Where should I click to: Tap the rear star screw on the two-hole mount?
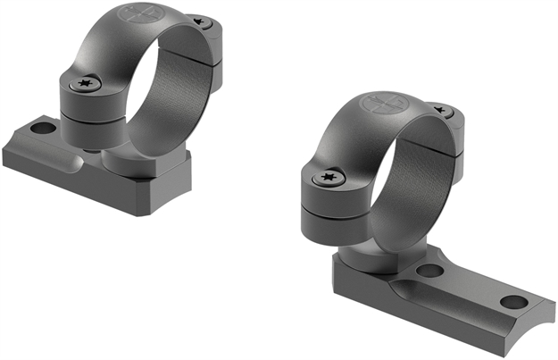(440, 111)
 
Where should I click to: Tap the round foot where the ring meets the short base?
(125, 161)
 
